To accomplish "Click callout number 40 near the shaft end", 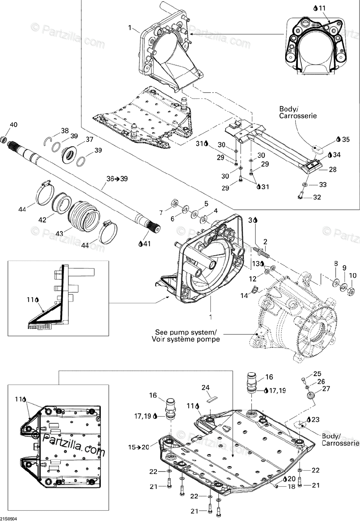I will (13, 125).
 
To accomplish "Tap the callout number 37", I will (89, 140).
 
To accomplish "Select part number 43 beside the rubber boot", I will (59, 233).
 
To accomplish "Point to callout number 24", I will (206, 387).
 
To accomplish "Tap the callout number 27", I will (326, 388).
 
